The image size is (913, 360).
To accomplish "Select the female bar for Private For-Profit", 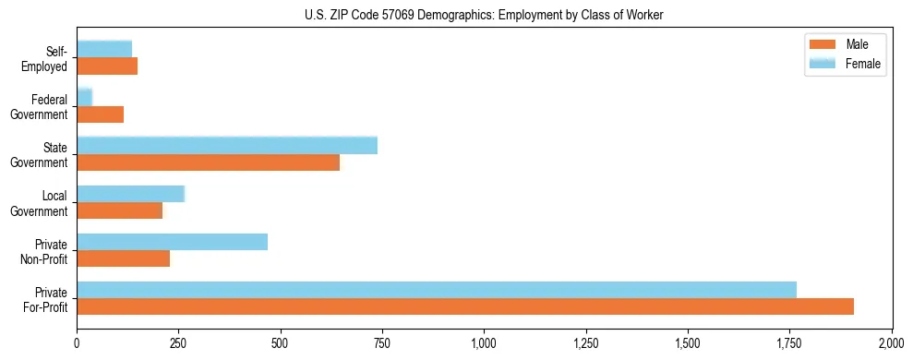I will (x=437, y=290).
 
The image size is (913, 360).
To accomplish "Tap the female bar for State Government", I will (x=227, y=146).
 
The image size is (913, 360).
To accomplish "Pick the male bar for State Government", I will (x=208, y=162).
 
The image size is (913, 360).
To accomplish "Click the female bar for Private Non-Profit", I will (x=172, y=242).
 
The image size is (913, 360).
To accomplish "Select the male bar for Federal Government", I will (x=100, y=114).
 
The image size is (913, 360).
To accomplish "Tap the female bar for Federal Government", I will (x=84, y=97).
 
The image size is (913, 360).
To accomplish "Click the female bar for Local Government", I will (x=130, y=194).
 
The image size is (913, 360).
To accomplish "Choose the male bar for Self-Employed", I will (x=107, y=66).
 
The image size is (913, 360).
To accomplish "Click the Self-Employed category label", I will (x=46, y=58).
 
